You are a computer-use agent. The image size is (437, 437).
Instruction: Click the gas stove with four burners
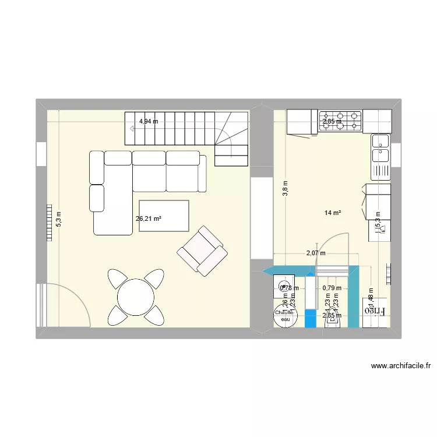pos(340,121)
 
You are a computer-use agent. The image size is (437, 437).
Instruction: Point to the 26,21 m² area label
pos(149,219)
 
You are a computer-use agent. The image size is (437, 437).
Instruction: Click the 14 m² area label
pos(333,213)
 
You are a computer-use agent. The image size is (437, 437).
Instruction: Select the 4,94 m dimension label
pos(148,122)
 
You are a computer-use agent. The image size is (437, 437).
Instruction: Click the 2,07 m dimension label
pos(316,253)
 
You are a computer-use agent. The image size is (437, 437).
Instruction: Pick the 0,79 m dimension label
pos(332,287)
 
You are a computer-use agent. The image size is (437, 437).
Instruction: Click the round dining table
pos(135,297)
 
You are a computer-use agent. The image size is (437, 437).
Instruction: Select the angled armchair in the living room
pos(202,251)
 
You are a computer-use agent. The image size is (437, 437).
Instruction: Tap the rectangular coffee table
pos(164,216)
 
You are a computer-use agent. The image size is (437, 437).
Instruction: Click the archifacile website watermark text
pos(400,366)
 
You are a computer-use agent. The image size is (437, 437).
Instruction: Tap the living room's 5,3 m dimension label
pos(58,218)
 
